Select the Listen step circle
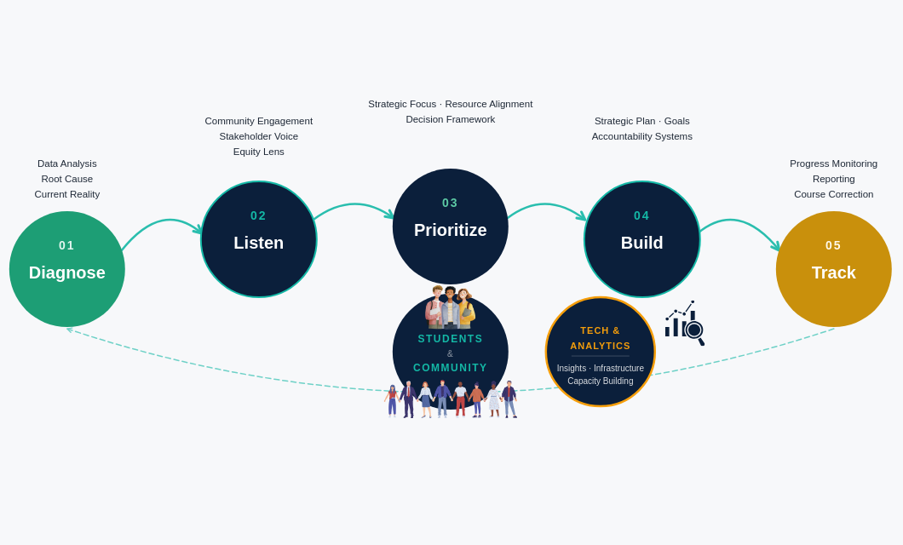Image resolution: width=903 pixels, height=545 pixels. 259,239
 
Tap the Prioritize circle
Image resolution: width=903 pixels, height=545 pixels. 451,227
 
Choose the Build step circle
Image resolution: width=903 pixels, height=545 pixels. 642,239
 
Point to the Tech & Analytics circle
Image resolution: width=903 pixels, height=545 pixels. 601,352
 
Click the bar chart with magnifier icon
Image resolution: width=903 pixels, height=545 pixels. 685,323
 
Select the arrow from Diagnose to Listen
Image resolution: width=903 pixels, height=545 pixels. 162,224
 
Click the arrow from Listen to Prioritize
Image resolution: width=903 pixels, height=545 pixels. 354,206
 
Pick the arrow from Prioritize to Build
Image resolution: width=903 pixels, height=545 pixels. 547,206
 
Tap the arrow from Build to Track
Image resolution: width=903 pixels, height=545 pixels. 739,224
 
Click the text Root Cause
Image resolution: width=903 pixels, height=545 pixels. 67,179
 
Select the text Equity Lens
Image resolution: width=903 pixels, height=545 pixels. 259,152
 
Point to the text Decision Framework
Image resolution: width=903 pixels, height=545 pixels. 451,119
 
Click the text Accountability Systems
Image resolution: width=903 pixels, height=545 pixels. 642,136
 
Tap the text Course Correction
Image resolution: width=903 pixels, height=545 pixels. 834,194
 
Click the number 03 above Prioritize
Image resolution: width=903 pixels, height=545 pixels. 451,203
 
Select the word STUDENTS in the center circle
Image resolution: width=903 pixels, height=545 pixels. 451,339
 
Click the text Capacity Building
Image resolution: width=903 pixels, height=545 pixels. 601,381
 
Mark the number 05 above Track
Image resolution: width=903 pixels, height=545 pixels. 834,245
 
